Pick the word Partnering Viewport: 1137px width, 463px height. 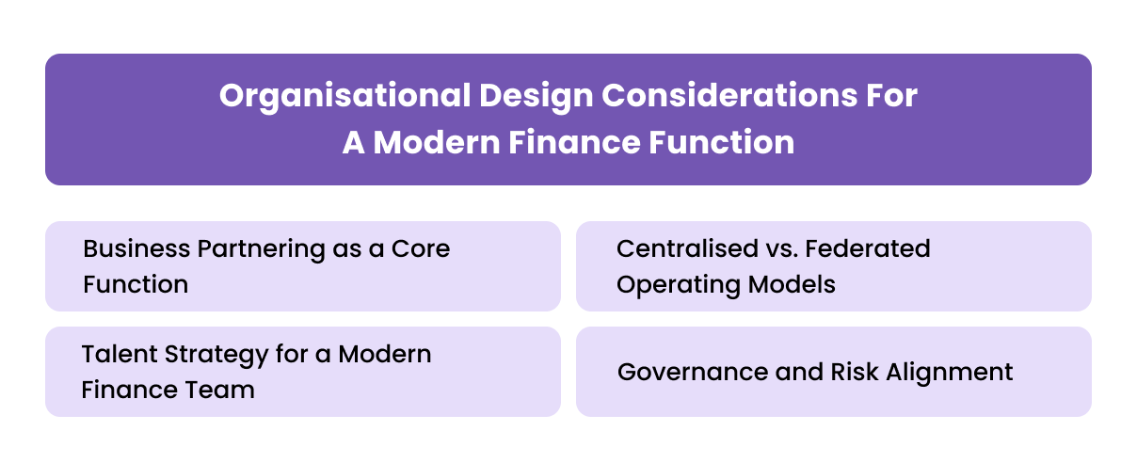coord(245,248)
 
